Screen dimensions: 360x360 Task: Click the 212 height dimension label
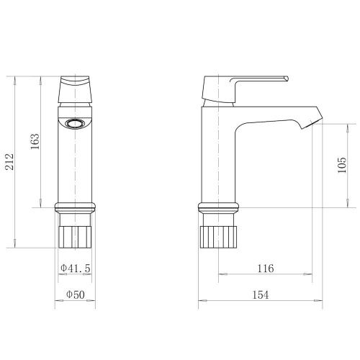click(x=10, y=162)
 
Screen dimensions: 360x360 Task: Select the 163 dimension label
click(x=35, y=141)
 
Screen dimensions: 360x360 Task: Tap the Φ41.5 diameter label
click(x=76, y=268)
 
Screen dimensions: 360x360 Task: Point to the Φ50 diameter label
click(x=76, y=294)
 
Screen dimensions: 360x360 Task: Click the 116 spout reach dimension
click(x=266, y=268)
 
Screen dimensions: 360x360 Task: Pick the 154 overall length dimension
click(x=261, y=294)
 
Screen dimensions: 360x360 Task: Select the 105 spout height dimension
click(x=342, y=165)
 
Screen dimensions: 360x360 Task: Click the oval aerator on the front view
click(x=75, y=124)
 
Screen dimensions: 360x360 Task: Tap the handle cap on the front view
click(x=75, y=89)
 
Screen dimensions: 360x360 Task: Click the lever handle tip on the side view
click(x=286, y=78)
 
